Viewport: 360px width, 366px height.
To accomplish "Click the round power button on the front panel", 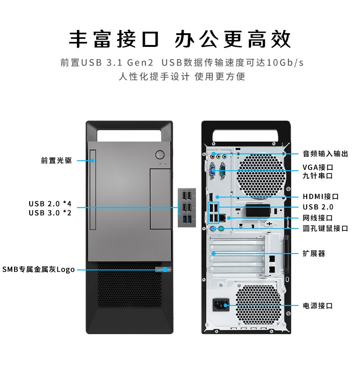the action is [159, 154].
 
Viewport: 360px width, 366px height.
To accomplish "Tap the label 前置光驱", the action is [57, 161].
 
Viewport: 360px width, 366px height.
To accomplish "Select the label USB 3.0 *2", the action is [50, 213].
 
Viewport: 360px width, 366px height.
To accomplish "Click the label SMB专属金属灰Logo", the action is [39, 269].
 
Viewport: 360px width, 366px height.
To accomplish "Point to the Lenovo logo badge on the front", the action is [163, 269].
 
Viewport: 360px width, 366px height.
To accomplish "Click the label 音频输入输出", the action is [325, 154].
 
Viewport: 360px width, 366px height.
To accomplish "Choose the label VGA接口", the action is [318, 168].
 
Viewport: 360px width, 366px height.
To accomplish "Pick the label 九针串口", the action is [318, 176].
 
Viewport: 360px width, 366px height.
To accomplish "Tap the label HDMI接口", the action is [320, 197].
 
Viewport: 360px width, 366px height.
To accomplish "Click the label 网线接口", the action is [318, 218].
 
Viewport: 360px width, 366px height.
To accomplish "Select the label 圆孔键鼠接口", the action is [325, 228].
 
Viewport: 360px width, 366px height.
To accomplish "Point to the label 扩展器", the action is [314, 253].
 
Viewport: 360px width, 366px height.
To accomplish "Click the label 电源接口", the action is [318, 305].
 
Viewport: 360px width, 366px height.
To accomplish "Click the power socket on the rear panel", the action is [221, 305].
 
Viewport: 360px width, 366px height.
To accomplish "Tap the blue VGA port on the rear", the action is [213, 170].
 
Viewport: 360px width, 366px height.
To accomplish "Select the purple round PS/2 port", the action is [213, 229].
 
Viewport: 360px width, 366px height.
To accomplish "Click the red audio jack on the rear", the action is [213, 157].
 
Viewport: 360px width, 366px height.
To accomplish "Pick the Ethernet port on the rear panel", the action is [222, 218].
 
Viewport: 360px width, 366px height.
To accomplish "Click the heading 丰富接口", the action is [114, 39].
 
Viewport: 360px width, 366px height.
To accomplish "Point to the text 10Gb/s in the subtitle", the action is [285, 62].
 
